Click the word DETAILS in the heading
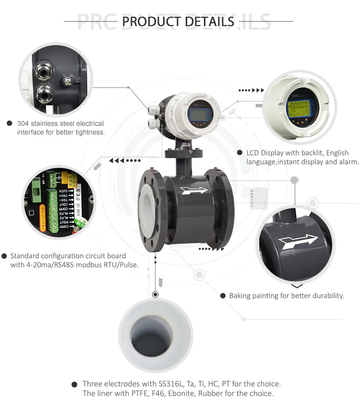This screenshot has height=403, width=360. pos(210,22)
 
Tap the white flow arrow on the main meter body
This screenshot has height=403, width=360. pos(194,190)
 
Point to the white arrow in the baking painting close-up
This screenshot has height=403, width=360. pos(297,242)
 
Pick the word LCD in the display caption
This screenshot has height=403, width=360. pos(253,153)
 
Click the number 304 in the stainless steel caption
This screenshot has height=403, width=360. pos(23,123)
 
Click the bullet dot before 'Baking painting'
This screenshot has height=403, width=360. pos(223,295)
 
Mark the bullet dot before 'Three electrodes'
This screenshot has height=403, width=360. pos(74,384)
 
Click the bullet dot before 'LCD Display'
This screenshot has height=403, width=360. pos(240,153)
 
